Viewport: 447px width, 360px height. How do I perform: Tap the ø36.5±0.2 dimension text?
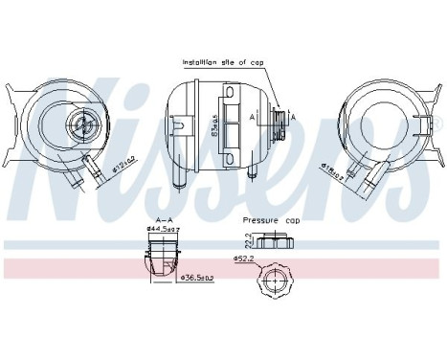coord(199,278)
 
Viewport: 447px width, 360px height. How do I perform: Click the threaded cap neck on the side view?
coord(279,123)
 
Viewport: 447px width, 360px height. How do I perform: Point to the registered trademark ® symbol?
coord(439,124)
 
